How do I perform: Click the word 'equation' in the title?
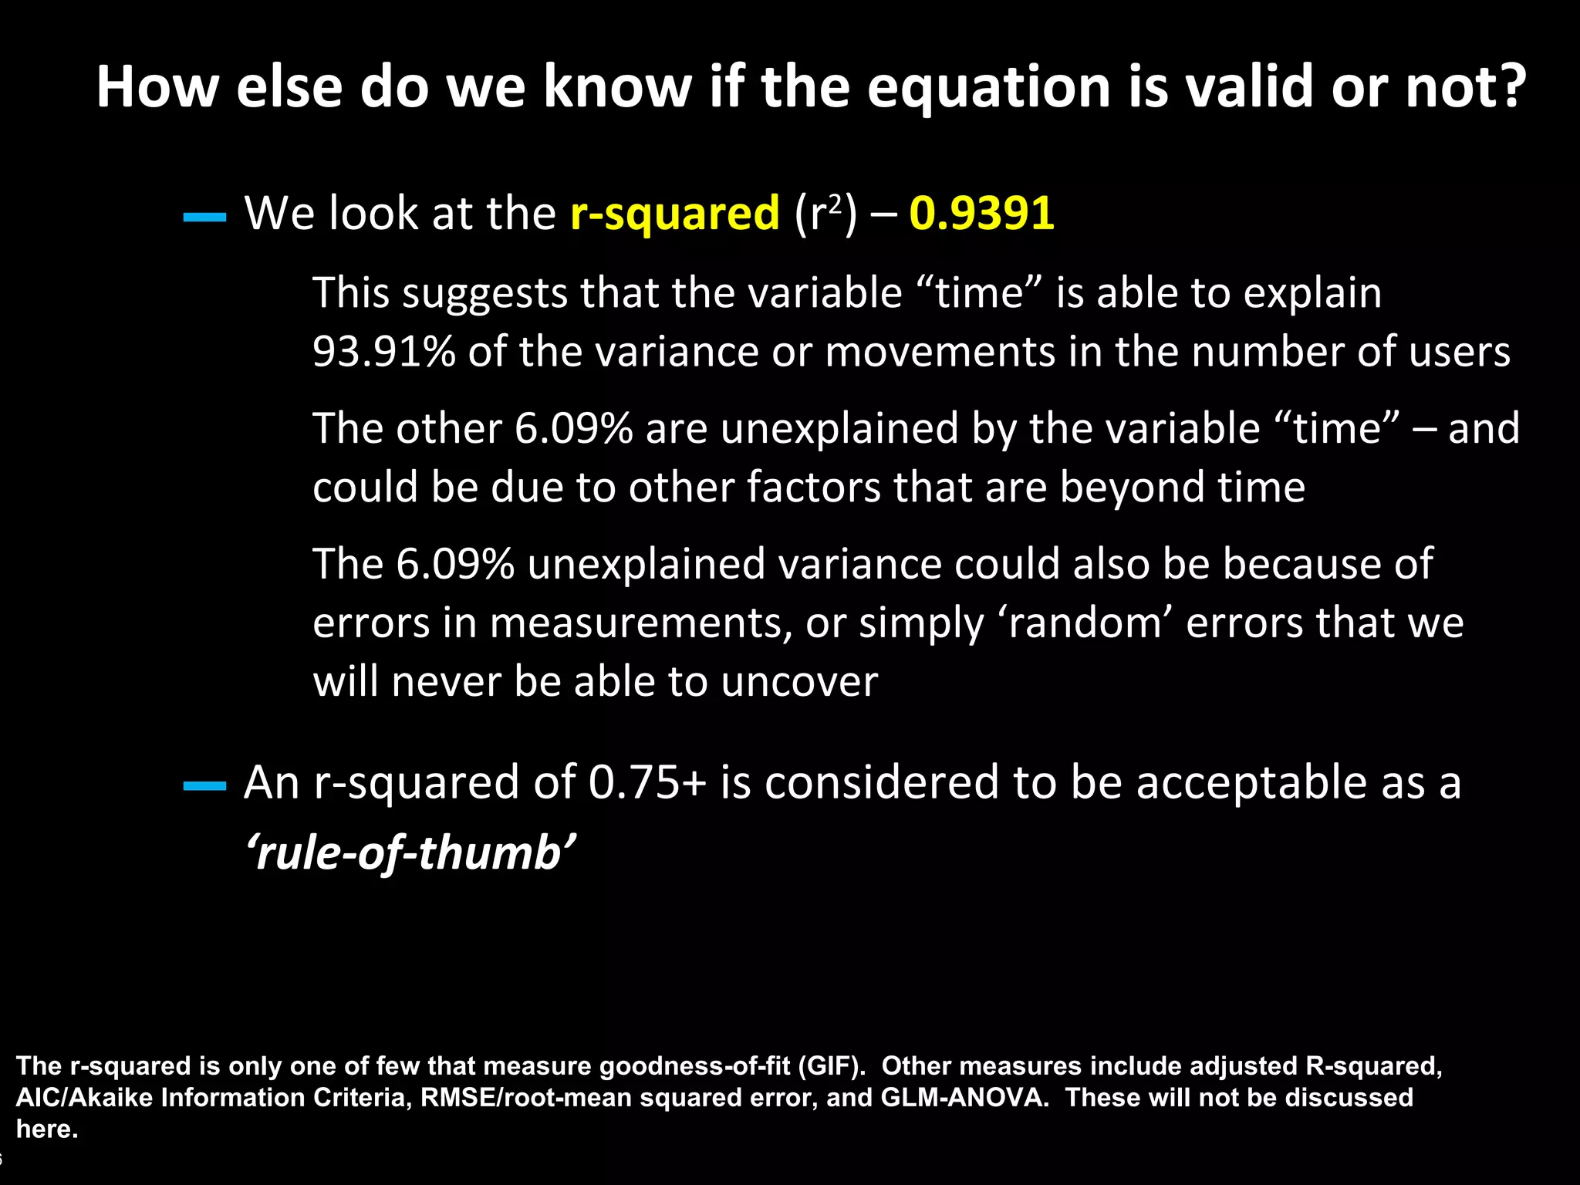[988, 87]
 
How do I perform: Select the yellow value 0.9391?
[981, 213]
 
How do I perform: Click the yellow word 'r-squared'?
[675, 214]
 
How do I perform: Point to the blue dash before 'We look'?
[204, 218]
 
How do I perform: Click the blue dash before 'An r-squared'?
[204, 787]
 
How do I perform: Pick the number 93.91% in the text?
[383, 352]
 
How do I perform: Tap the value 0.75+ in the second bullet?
[647, 782]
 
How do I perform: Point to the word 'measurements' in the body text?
[640, 623]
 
